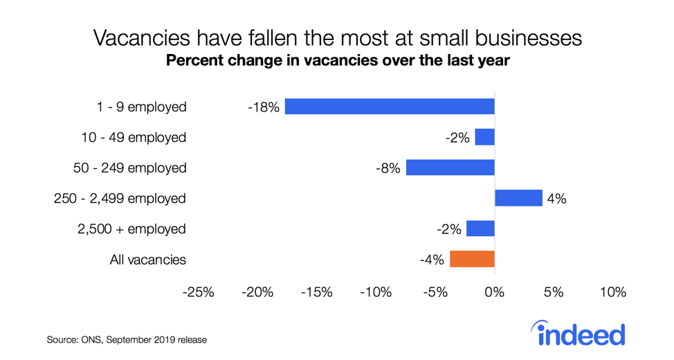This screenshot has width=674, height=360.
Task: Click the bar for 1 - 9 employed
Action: (x=390, y=107)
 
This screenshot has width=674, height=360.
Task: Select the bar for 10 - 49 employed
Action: (x=484, y=137)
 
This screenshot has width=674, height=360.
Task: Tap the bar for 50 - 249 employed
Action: (x=450, y=168)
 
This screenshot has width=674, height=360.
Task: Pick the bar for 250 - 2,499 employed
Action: (x=518, y=198)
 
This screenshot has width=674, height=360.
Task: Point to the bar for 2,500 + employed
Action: (x=480, y=228)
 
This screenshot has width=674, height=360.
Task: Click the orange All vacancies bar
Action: (x=472, y=259)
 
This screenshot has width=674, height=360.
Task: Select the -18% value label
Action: (x=264, y=107)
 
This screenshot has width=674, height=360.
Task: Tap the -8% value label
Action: (x=388, y=168)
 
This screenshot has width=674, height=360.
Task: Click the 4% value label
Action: (x=556, y=199)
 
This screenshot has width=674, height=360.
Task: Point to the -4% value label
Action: (x=432, y=260)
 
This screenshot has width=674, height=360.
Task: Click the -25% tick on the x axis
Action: (x=198, y=292)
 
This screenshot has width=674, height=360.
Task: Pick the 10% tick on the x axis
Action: (x=612, y=292)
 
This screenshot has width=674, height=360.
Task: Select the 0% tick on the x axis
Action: (x=494, y=292)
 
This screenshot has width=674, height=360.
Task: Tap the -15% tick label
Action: (x=316, y=292)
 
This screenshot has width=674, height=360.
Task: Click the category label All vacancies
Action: (x=147, y=260)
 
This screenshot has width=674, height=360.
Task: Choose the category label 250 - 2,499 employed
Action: (x=120, y=199)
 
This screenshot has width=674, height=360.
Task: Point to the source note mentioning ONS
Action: (x=127, y=340)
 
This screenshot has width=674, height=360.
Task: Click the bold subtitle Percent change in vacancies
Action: (x=337, y=61)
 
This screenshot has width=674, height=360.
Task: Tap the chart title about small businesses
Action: (x=337, y=37)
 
